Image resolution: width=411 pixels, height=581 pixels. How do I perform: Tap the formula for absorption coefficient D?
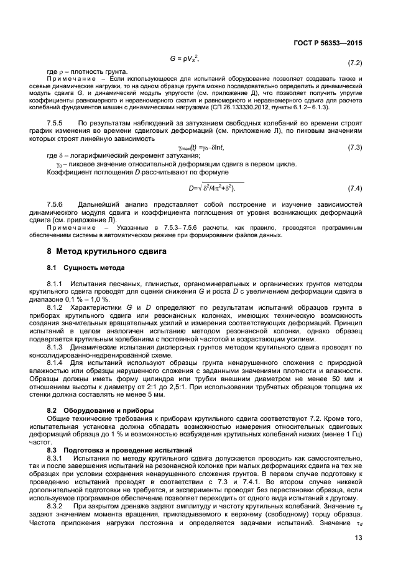[212, 187]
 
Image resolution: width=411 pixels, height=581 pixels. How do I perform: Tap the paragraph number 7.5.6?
[57, 204]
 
